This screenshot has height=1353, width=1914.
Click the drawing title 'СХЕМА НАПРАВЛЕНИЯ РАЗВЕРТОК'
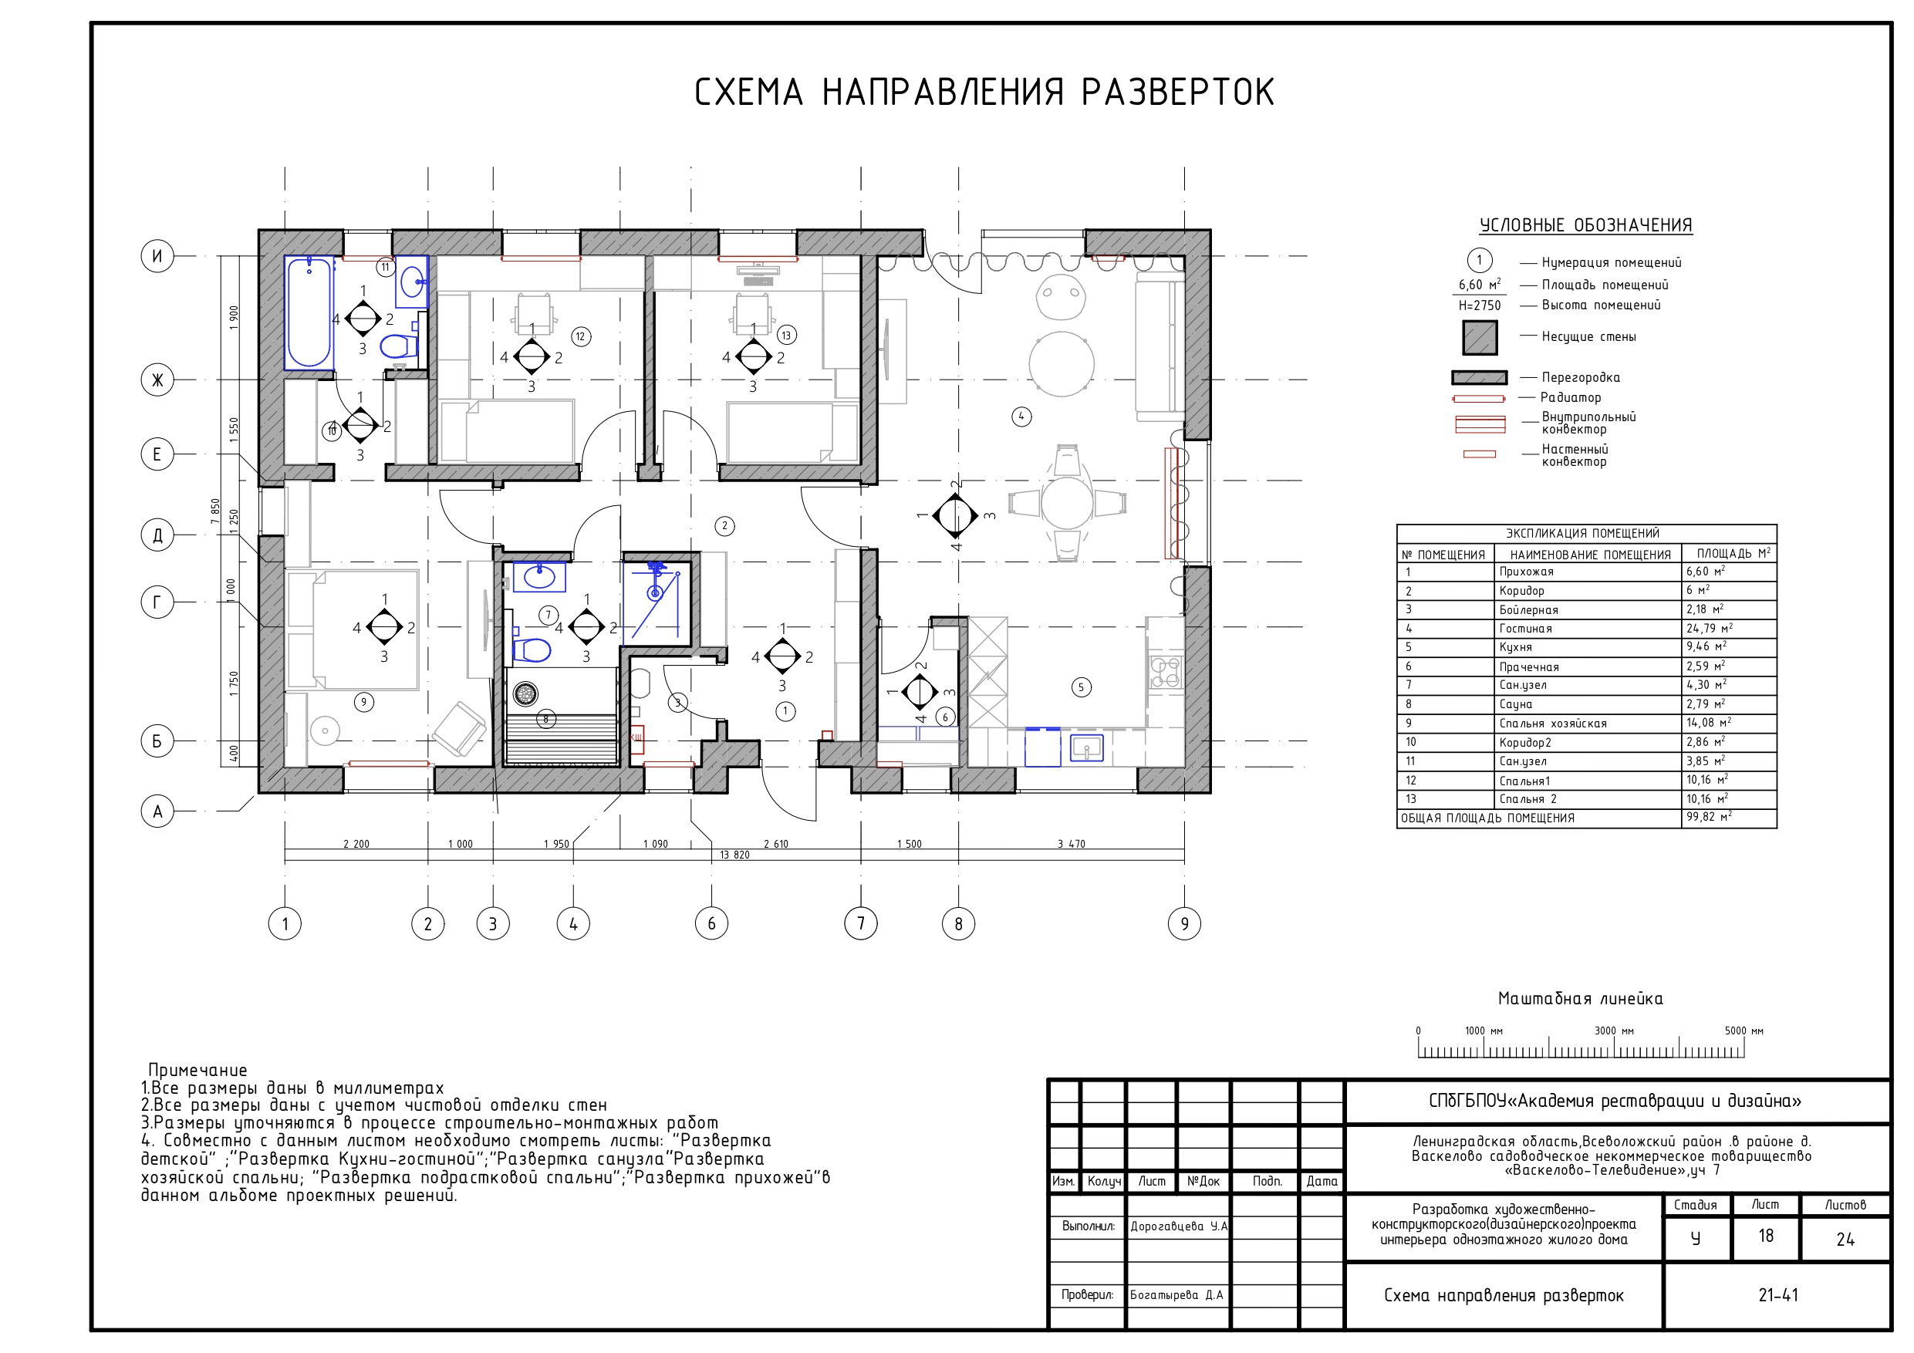984,93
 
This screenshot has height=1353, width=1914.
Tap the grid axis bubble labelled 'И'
157,255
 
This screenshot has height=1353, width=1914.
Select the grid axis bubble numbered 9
1183,923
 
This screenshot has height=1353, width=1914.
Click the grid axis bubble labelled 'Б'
157,741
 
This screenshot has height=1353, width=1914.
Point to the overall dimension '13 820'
734,855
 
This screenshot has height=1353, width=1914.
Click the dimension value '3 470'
1072,844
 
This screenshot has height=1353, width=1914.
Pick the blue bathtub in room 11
309,312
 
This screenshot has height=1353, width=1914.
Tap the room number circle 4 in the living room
1021,416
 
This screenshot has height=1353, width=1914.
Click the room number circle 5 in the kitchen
1082,687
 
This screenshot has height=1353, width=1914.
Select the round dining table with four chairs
1067,503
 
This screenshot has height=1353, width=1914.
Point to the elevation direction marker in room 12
531,357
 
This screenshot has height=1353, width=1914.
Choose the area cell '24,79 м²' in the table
1709,628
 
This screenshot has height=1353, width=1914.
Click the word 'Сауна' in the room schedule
1515,704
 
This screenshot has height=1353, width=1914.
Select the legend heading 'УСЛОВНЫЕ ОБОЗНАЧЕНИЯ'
1585,225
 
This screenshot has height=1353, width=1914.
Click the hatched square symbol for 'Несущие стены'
1480,337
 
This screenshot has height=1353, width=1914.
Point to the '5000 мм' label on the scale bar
1744,1031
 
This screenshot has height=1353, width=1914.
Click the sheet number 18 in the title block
1766,1236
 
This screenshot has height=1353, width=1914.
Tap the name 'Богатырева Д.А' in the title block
1176,1294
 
